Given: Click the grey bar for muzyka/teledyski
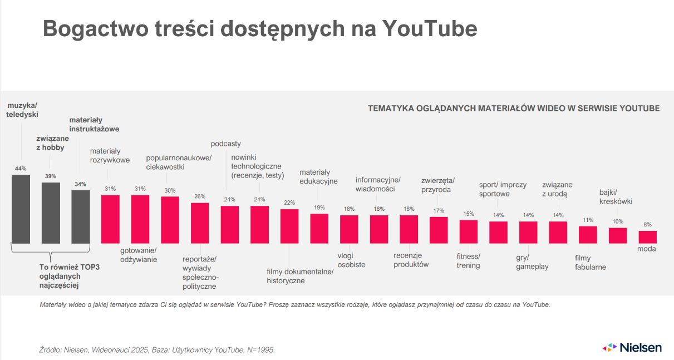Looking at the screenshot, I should click(x=21, y=209).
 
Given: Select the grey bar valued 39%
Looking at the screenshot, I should click(x=51, y=213).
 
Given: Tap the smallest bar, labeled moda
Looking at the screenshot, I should click(x=647, y=237).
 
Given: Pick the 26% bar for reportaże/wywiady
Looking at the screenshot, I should click(x=200, y=223).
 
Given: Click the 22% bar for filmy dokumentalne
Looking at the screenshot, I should click(x=289, y=226).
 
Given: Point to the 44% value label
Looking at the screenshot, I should click(x=21, y=169).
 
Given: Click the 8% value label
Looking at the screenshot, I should click(x=647, y=225).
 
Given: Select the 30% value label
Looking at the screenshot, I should click(x=170, y=190).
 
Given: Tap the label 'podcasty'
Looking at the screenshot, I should click(x=225, y=144).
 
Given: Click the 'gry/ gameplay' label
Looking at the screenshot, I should click(x=532, y=262).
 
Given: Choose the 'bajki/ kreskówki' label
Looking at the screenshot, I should click(x=616, y=197).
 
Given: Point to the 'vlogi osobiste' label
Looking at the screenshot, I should click(x=351, y=260).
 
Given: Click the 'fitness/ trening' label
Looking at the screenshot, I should click(x=468, y=261).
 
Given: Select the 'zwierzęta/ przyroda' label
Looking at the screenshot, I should click(x=438, y=185).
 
